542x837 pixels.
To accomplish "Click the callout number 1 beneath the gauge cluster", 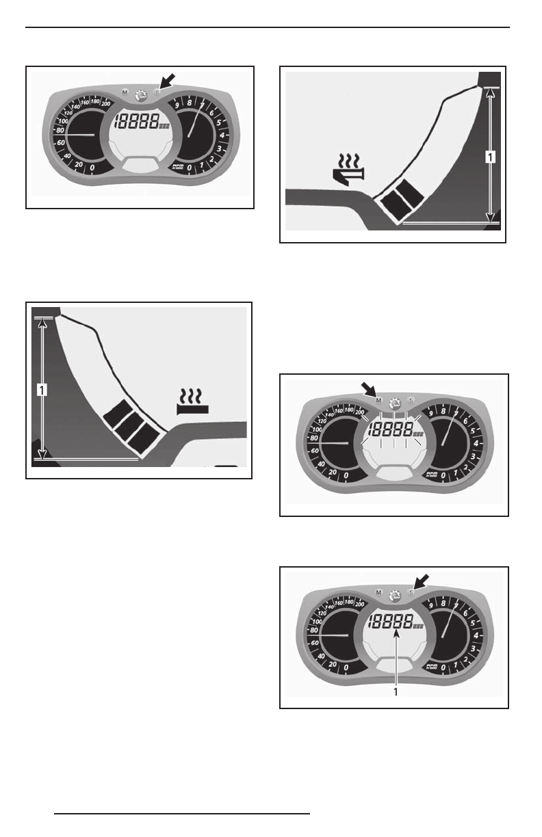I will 395,691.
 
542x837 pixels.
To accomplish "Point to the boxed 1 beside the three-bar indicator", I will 42,389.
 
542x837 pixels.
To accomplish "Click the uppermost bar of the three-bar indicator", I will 111,413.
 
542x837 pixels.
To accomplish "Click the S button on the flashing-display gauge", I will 411,401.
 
